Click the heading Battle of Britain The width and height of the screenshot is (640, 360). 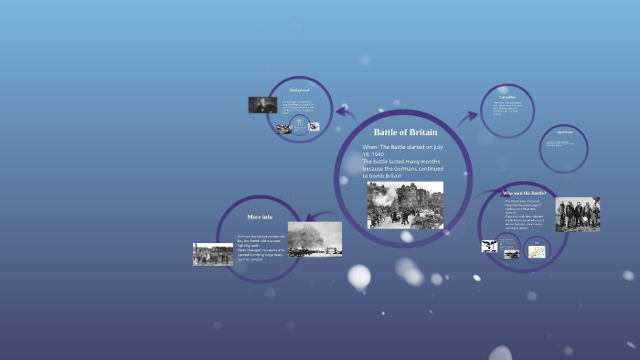click(x=405, y=132)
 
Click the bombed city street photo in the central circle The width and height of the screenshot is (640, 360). click(x=405, y=205)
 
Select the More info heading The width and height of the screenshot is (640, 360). click(x=260, y=217)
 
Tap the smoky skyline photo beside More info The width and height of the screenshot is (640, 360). click(x=315, y=238)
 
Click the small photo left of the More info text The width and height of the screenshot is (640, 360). click(x=213, y=254)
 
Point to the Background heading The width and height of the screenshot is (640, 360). click(x=299, y=90)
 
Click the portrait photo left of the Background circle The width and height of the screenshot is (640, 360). click(x=262, y=105)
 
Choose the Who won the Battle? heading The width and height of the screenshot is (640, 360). click(x=525, y=194)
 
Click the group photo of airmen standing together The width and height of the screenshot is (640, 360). click(x=577, y=214)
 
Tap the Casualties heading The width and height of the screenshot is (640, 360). click(x=507, y=97)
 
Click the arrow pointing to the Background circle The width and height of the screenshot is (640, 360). click(x=345, y=113)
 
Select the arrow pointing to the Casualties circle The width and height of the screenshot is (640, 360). click(x=468, y=115)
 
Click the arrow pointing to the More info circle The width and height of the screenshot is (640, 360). click(x=317, y=217)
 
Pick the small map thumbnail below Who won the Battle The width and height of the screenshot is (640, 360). click(x=536, y=250)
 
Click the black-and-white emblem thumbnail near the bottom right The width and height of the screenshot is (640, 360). click(x=489, y=246)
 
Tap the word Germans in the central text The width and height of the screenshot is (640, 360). click(x=430, y=168)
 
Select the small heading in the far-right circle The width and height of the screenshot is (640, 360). click(x=564, y=132)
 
